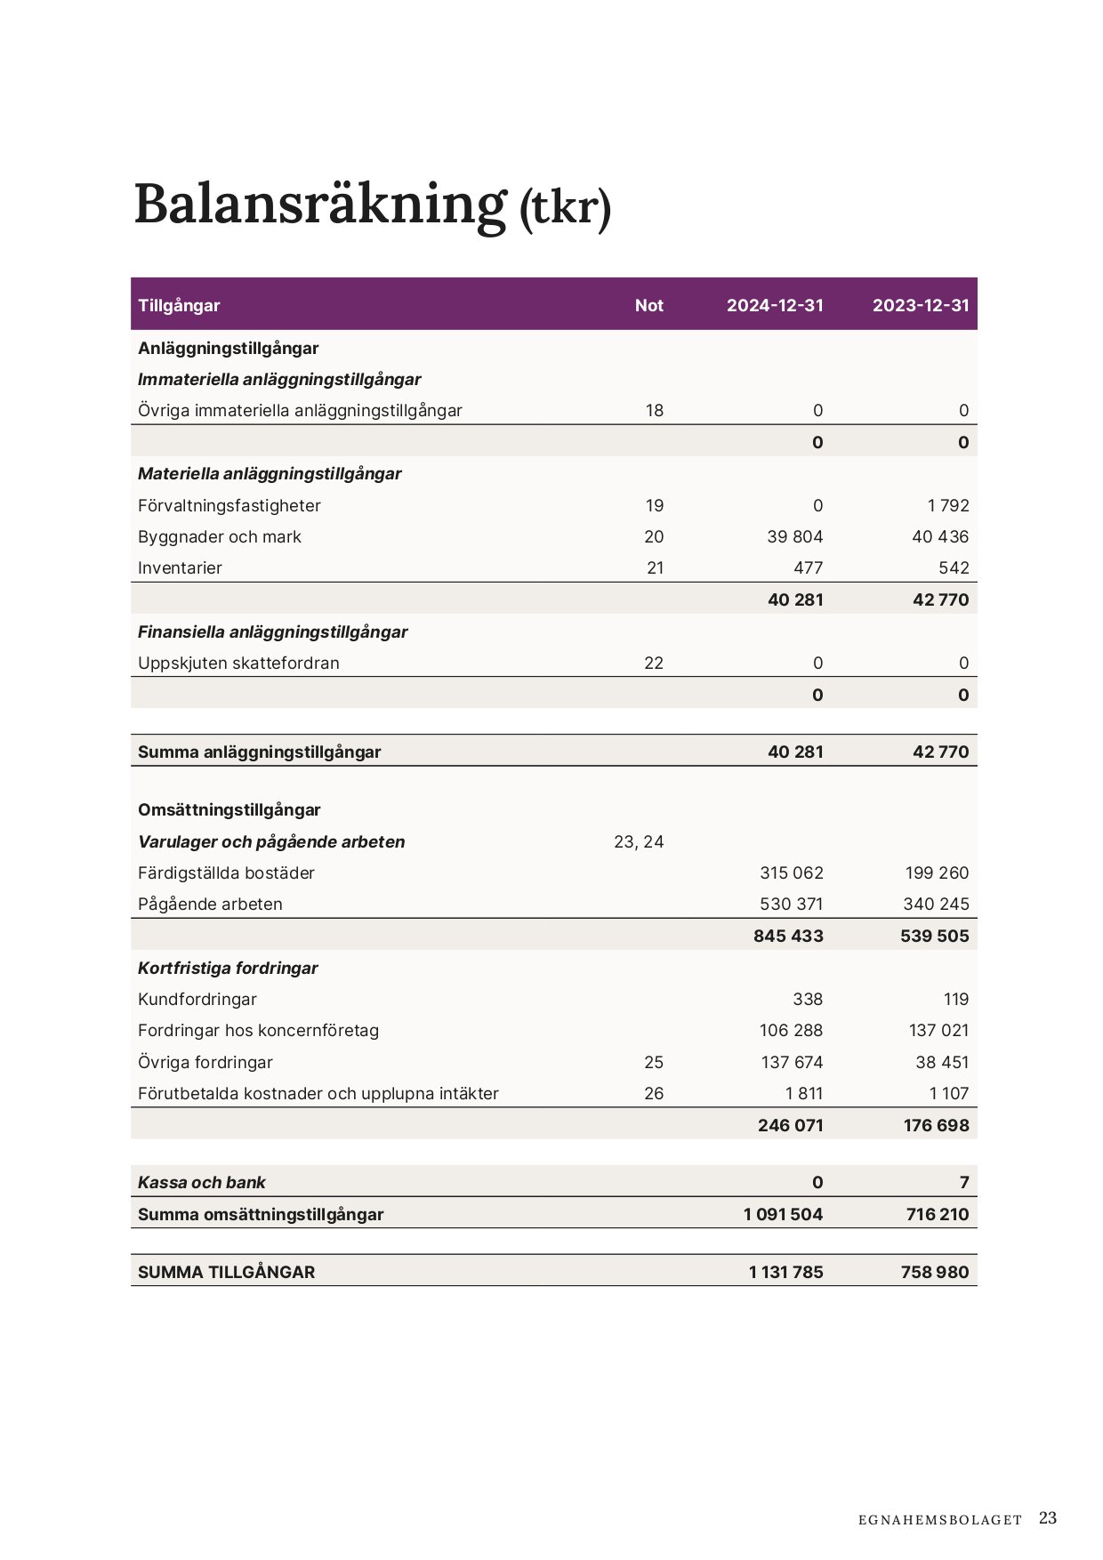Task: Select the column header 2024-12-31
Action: tap(775, 305)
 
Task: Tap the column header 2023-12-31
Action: tap(921, 305)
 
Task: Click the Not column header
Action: tap(649, 305)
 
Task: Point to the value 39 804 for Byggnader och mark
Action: tap(795, 536)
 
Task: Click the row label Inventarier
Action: tap(180, 567)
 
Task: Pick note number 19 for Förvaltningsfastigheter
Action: tap(655, 505)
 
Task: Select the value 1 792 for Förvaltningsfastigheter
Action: tap(948, 505)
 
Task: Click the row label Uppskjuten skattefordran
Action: tap(238, 663)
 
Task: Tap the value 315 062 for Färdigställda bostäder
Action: tap(792, 872)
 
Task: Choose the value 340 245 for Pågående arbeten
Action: tap(937, 904)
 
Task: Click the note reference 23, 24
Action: tap(639, 841)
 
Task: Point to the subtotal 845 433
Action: tap(788, 936)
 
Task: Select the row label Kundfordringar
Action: tap(197, 999)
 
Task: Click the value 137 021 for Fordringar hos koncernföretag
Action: tap(939, 1030)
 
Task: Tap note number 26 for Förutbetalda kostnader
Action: tap(654, 1093)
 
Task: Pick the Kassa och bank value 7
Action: tap(964, 1182)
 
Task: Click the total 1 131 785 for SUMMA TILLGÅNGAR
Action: tap(786, 1272)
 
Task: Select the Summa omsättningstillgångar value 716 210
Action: tap(938, 1214)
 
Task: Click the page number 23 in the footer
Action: tap(1048, 1518)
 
